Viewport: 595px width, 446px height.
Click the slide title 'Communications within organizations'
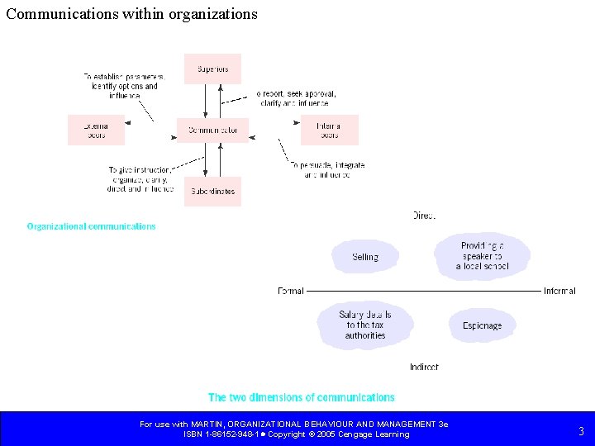click(x=132, y=14)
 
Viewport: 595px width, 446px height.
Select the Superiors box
click(x=212, y=69)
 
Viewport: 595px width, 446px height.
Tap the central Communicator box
click(x=212, y=130)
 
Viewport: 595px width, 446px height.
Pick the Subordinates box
click(x=212, y=191)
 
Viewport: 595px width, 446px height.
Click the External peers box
click(x=96, y=130)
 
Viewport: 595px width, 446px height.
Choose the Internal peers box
click(x=329, y=130)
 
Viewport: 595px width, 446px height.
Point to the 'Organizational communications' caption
click(x=91, y=226)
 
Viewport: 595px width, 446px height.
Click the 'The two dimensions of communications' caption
click(x=302, y=397)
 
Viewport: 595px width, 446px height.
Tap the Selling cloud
click(x=365, y=257)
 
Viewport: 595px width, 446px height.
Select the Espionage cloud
click(x=482, y=326)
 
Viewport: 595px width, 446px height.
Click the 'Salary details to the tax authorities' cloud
click(x=365, y=325)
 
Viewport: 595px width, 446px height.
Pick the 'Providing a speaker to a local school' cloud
click(x=483, y=256)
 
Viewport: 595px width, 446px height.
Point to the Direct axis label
click(x=424, y=216)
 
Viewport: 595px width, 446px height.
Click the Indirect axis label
click(x=424, y=367)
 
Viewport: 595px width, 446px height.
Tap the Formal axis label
click(x=291, y=291)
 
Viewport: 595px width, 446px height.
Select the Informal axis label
click(x=559, y=291)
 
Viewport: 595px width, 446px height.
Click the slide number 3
click(x=581, y=430)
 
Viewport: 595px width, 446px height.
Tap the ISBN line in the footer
click(x=296, y=434)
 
